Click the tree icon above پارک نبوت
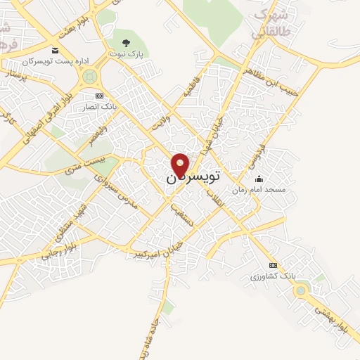pyautogui.click(x=127, y=44)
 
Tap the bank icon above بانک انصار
pyautogui.click(x=98, y=96)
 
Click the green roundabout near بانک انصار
pyautogui.click(x=89, y=76)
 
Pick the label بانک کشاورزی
pyautogui.click(x=273, y=276)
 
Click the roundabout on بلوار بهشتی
pyautogui.click(x=301, y=289)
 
